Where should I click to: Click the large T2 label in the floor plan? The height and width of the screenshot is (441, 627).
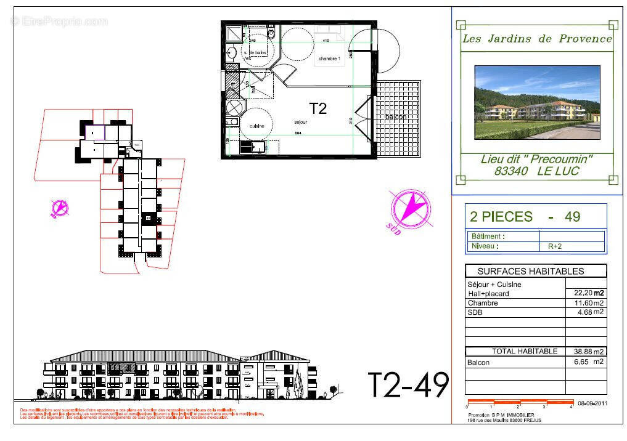[x=318, y=109]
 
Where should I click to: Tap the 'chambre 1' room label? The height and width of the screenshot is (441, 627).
[x=329, y=59]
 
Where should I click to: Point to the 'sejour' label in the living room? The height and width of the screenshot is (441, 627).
[x=301, y=123]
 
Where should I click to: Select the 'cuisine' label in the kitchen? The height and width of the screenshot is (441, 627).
[x=257, y=126]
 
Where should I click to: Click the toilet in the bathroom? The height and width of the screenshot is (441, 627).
[x=271, y=33]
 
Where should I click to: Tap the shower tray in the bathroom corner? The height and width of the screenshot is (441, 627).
[x=234, y=33]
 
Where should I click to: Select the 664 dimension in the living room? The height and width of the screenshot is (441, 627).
[x=298, y=132]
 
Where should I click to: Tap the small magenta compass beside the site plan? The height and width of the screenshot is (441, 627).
[x=60, y=208]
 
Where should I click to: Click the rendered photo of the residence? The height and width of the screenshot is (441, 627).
[x=537, y=102]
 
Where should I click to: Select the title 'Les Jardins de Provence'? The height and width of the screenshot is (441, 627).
[x=537, y=39]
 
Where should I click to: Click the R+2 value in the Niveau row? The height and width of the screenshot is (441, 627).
[x=554, y=246]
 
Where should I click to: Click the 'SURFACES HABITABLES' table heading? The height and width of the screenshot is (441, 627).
[x=531, y=271]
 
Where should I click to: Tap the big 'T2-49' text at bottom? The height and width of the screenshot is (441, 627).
[x=408, y=384]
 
